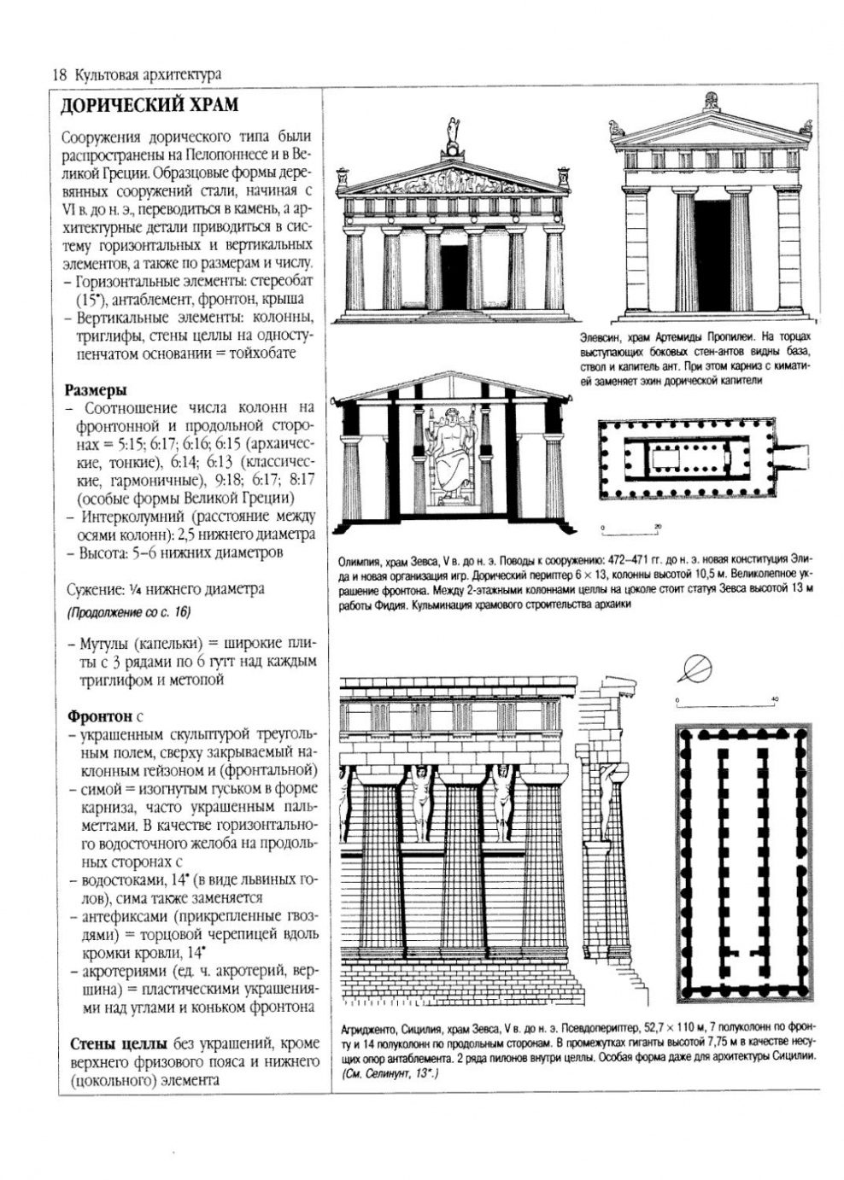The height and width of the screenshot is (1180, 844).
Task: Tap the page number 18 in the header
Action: point(59,74)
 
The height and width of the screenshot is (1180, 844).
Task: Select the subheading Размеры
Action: point(97,389)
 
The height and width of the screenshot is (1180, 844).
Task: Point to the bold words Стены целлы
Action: point(119,1043)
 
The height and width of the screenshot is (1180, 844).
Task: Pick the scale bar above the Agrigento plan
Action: point(725,703)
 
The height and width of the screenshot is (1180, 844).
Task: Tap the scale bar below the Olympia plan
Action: point(630,531)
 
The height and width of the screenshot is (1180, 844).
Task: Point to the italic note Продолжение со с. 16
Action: point(128,612)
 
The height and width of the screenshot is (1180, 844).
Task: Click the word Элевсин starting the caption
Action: point(599,338)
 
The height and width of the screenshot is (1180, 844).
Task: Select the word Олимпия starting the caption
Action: point(360,562)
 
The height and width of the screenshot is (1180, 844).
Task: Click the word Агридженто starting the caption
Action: point(368,1030)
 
